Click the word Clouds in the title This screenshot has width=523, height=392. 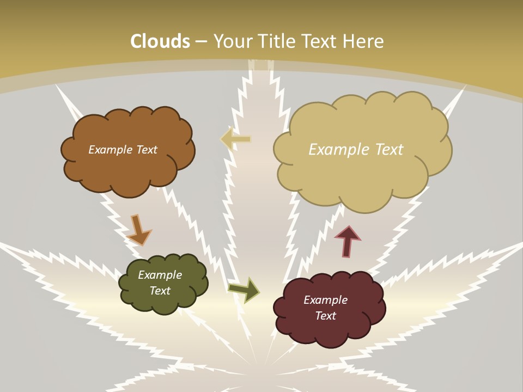pyautogui.click(x=160, y=41)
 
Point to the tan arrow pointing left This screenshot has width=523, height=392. pyautogui.click(x=235, y=139)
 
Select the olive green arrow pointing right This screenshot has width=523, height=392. pyautogui.click(x=244, y=290)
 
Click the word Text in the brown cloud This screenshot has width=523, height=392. pyautogui.click(x=146, y=150)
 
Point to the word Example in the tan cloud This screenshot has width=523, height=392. pyautogui.click(x=340, y=150)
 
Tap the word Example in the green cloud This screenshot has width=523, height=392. pyautogui.click(x=160, y=275)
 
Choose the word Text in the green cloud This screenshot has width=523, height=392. pyautogui.click(x=160, y=291)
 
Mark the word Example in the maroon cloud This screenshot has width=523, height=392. pyautogui.click(x=325, y=300)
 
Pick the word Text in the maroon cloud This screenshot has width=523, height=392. pyautogui.click(x=325, y=316)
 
